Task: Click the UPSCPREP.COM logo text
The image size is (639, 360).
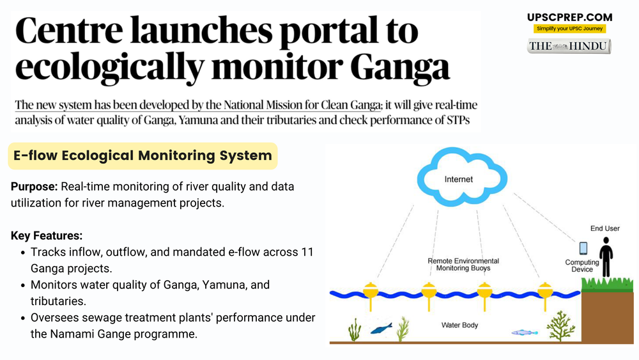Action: (569, 17)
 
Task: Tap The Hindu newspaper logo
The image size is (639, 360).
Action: (569, 46)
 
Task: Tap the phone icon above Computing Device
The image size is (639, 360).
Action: (583, 248)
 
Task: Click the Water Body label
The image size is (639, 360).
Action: (459, 325)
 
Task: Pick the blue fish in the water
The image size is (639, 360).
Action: (381, 329)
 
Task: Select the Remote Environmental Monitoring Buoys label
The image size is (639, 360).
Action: (463, 265)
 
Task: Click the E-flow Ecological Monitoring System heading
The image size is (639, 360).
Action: (142, 155)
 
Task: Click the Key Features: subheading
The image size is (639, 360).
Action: (47, 236)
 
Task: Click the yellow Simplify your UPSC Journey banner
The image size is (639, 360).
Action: (569, 29)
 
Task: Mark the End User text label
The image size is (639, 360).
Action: (604, 228)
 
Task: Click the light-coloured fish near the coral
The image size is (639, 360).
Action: (524, 333)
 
